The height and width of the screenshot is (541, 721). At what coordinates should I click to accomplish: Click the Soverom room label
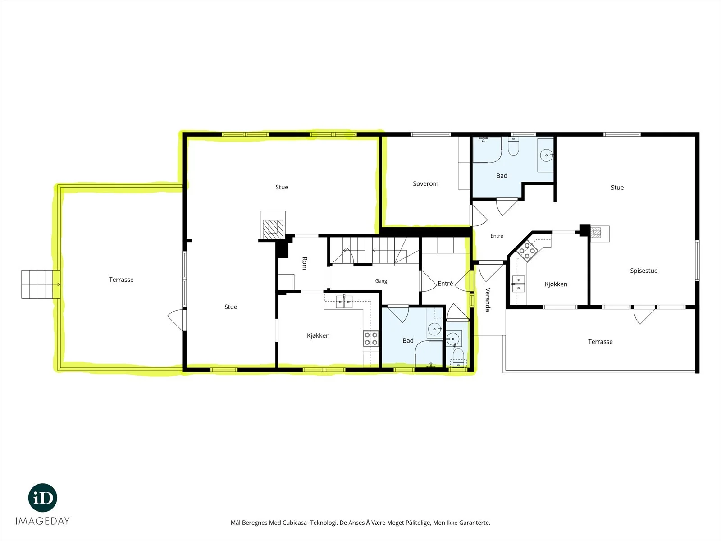click(x=425, y=183)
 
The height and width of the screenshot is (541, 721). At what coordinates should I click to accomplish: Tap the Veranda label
click(x=488, y=299)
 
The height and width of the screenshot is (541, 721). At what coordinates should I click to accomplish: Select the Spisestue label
click(x=643, y=270)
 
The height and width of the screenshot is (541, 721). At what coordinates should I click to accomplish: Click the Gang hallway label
click(x=381, y=281)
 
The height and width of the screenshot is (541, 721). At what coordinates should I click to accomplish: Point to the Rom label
click(x=305, y=263)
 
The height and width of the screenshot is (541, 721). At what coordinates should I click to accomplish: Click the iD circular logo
click(x=43, y=498)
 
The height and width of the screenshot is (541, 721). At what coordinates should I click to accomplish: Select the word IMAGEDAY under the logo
click(x=43, y=521)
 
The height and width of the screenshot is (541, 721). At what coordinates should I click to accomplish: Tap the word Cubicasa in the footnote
click(x=295, y=523)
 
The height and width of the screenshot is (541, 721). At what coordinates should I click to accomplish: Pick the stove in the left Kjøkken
click(x=370, y=339)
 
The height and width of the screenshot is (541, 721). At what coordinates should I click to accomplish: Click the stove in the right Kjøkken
click(x=527, y=251)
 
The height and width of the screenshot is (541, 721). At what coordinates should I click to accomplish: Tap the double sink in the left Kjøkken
click(x=343, y=302)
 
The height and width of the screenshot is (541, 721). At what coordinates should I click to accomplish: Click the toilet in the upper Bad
click(x=513, y=146)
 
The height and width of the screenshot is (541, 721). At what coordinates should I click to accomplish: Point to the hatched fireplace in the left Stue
click(x=273, y=229)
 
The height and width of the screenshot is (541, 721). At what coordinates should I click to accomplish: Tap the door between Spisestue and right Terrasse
click(x=644, y=314)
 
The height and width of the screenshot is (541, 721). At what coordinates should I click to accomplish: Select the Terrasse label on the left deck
click(x=121, y=280)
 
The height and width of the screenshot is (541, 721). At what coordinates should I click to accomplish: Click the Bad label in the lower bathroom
click(x=408, y=341)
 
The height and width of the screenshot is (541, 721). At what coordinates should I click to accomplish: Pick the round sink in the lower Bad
click(x=435, y=329)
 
